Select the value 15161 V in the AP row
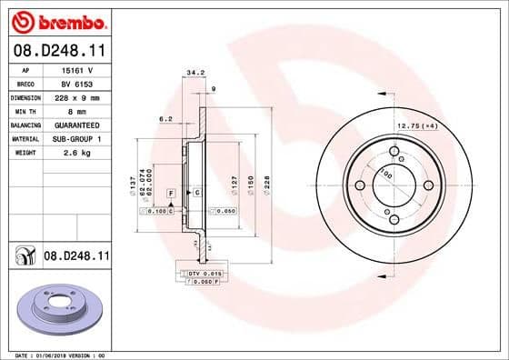coord(77,69)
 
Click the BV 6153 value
coord(77,83)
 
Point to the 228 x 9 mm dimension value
coord(77,96)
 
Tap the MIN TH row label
coord(25,110)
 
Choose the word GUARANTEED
coord(77,124)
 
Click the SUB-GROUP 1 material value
coord(77,138)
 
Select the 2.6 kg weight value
coord(77,152)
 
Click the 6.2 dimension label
coord(165,119)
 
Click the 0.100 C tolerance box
coord(156,211)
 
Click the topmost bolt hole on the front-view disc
coord(394,152)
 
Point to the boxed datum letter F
coord(171,194)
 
